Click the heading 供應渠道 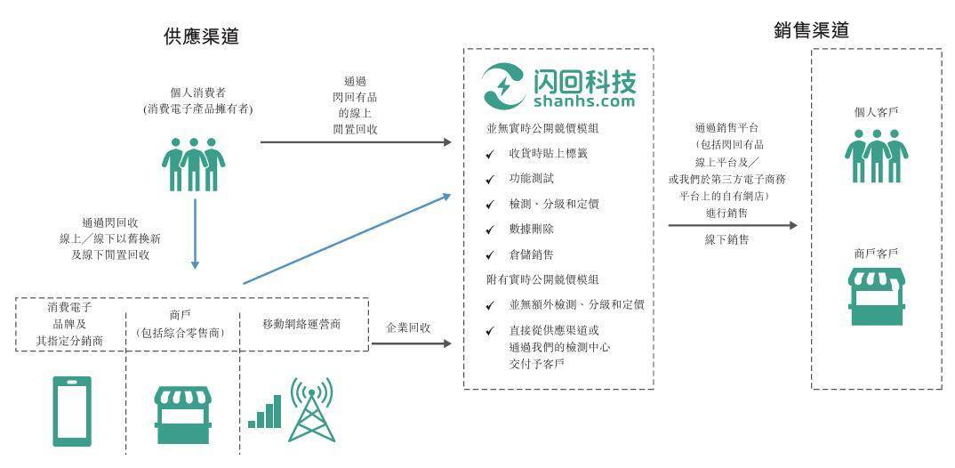pos(201,36)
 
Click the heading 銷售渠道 pos(811,30)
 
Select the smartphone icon pos(72,411)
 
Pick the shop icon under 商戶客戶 pos(877,297)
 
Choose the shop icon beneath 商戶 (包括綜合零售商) pos(182,415)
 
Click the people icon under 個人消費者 pos(193,165)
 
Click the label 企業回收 pos(409,327)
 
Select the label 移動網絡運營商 pos(301,324)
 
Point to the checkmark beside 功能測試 pos(490,181)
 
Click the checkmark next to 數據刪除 pos(490,230)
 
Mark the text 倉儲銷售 pos(531,254)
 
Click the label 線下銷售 pos(726,239)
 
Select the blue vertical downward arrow pos(195,233)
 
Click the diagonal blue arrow pos(347,238)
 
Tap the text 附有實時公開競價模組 pos(542,279)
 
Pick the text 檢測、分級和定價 pos(554,204)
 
